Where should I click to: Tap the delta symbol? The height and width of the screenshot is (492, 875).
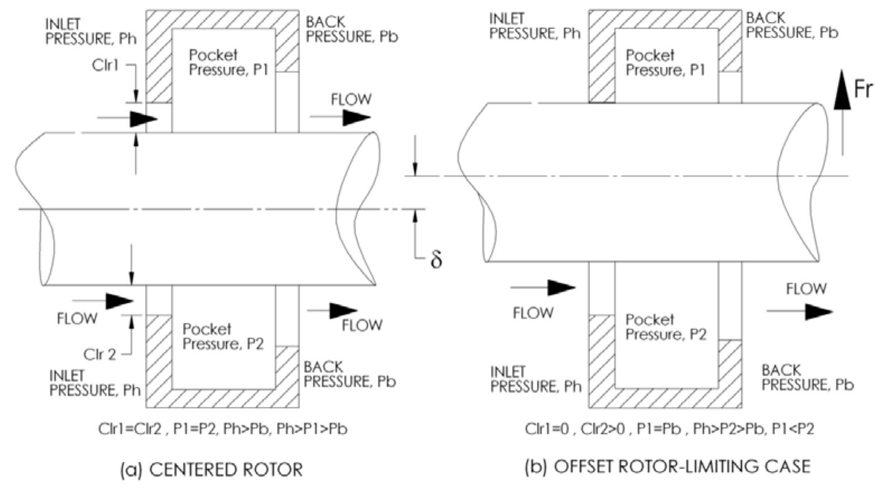(436, 259)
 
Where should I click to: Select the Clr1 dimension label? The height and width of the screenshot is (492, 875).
(106, 66)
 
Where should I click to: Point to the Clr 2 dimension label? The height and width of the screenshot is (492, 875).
(100, 354)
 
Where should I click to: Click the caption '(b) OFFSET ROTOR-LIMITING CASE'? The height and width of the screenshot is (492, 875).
(667, 466)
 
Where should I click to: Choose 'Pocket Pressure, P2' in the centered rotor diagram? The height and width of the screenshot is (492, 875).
(223, 336)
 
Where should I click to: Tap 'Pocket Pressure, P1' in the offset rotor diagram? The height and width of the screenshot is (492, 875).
(665, 63)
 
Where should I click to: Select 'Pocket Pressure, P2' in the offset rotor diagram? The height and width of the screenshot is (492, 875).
(666, 327)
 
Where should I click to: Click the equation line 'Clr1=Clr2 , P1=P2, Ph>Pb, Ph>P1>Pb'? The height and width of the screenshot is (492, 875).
(222, 429)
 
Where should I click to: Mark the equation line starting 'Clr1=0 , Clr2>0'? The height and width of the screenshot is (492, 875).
(669, 429)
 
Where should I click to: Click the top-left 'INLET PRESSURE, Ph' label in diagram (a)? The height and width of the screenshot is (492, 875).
(91, 31)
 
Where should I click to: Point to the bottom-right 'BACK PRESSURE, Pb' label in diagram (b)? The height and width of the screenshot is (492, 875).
(807, 377)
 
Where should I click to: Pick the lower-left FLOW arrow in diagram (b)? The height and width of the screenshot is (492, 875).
(543, 288)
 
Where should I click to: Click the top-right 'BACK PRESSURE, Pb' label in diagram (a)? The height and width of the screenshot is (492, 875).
(352, 30)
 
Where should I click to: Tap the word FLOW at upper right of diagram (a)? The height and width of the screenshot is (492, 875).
(350, 99)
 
